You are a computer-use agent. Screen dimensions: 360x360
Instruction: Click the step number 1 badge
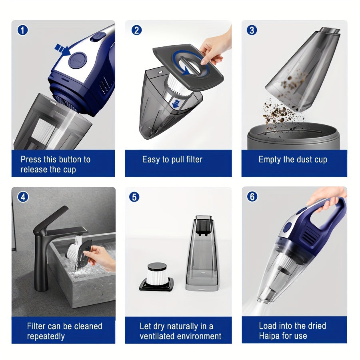(23, 30)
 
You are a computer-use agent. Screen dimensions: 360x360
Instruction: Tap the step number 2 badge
(136, 30)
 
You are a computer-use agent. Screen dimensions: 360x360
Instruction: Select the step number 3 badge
(252, 30)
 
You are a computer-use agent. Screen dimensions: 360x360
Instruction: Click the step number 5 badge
(134, 197)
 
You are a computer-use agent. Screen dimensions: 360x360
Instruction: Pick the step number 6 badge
(252, 197)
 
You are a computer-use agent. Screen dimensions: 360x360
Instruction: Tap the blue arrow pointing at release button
(62, 50)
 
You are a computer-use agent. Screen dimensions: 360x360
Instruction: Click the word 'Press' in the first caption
(32, 160)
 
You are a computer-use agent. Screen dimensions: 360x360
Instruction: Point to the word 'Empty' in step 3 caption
(270, 160)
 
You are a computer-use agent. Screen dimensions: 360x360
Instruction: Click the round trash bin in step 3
(293, 136)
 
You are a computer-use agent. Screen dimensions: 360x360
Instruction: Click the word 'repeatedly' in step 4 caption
(46, 336)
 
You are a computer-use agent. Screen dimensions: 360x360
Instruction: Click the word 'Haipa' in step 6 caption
(270, 336)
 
